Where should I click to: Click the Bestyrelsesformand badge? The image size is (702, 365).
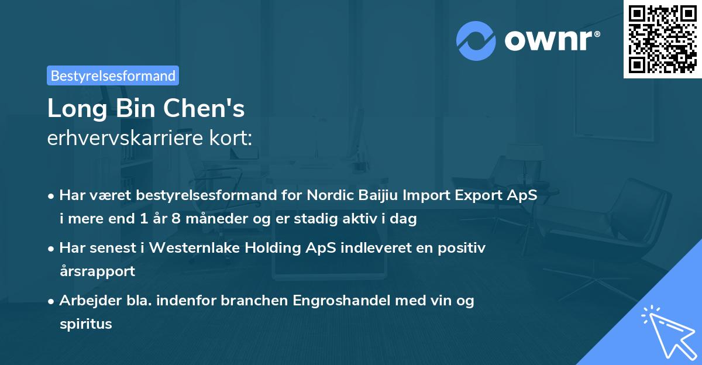tap(113, 75)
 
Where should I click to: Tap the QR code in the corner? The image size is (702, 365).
tap(662, 39)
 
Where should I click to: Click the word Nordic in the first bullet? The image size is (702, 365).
tap(328, 195)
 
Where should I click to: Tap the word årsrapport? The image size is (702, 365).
tap(97, 271)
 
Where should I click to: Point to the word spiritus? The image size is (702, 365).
tap(85, 323)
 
